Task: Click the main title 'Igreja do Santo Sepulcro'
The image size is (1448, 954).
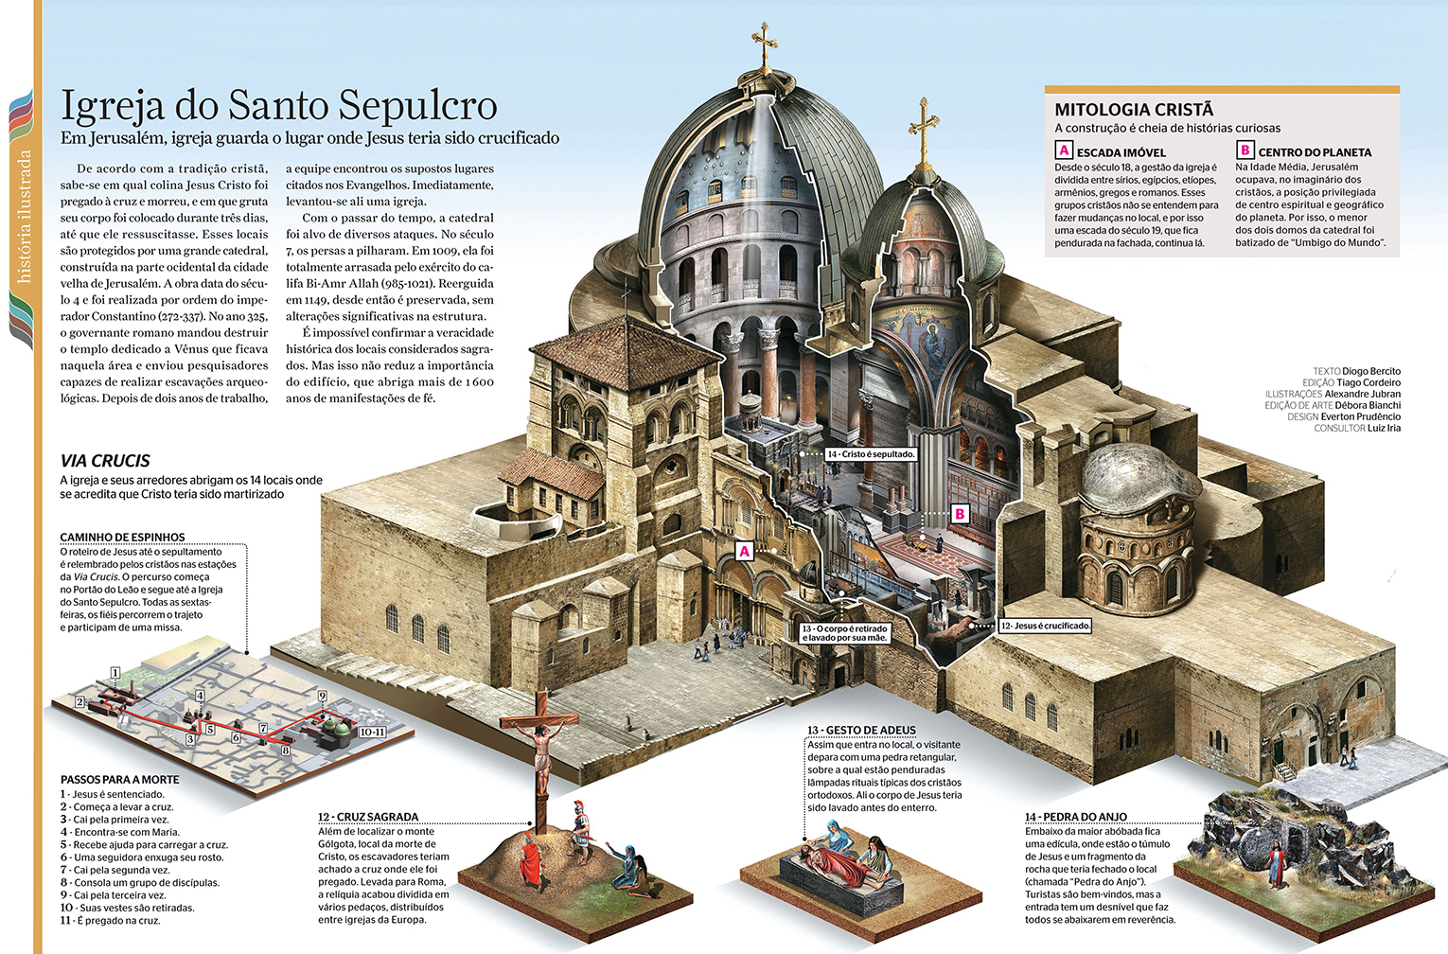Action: click(279, 105)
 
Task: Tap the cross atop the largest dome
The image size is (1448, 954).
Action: click(764, 47)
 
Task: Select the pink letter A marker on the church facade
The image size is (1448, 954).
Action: click(744, 551)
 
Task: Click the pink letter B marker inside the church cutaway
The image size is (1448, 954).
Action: click(960, 514)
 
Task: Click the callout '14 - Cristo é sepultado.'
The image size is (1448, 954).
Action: click(871, 454)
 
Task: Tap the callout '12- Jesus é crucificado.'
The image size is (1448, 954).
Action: click(1045, 626)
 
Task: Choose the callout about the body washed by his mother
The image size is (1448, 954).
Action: click(845, 633)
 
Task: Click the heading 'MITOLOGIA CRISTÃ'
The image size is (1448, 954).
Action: click(1134, 110)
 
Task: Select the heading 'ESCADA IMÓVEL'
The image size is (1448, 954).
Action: click(1121, 152)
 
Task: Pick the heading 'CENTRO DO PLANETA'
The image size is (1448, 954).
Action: click(1314, 152)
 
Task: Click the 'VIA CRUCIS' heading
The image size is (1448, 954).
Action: click(105, 461)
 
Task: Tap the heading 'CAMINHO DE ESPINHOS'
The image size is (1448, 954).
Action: click(122, 537)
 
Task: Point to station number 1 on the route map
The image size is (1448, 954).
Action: click(115, 673)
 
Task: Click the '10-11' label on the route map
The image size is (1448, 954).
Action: click(372, 732)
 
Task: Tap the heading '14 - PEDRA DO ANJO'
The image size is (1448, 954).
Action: click(1075, 817)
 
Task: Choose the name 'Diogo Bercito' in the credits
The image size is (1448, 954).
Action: click(1370, 371)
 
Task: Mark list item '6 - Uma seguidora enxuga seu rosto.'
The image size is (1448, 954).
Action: click(142, 857)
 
